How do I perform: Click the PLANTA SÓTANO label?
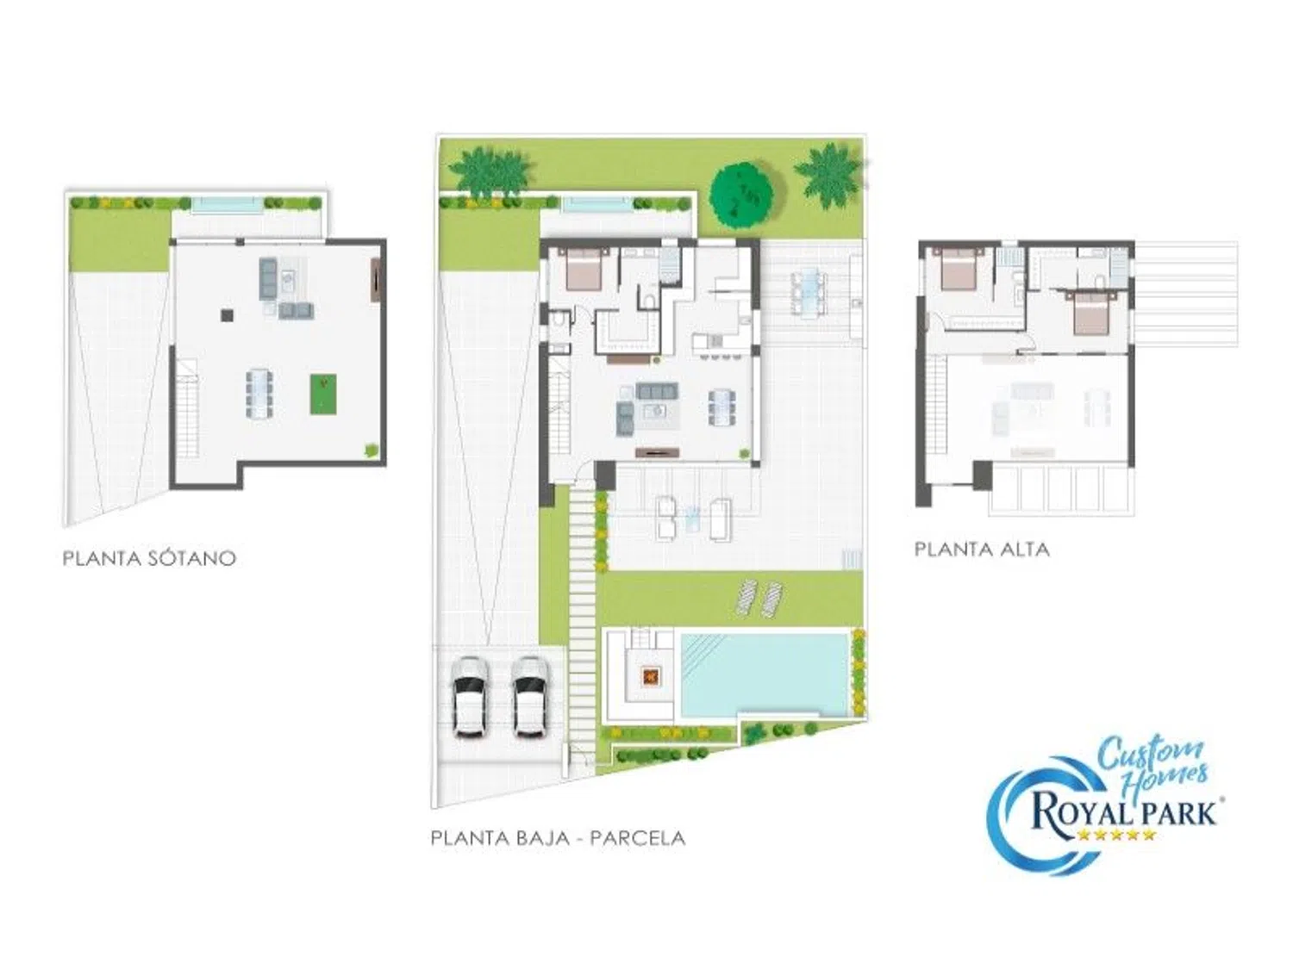pos(149,558)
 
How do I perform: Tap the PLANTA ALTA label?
pos(981,549)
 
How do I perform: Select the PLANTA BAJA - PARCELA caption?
pos(558,838)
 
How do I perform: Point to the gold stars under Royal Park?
pos(1115,835)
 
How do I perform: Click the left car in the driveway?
pos(470,697)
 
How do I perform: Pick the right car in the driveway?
pos(530,697)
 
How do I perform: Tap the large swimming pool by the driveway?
pos(765,674)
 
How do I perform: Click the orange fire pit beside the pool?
pos(649,676)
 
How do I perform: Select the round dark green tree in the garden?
pos(741,195)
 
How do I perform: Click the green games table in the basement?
pos(322,394)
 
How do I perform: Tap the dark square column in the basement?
pos(227,315)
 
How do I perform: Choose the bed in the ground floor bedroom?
pos(584,270)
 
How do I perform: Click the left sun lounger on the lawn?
pos(747,598)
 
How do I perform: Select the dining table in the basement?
pos(259,393)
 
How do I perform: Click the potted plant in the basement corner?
pos(371,450)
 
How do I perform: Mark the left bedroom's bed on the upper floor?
pos(959,270)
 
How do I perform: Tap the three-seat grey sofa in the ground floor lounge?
pos(657,391)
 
